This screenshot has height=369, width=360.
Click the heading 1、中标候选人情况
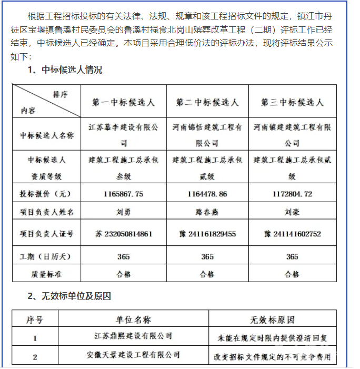(x=65, y=69)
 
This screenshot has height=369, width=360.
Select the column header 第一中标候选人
(x=124, y=102)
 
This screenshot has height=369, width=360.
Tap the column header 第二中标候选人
(x=207, y=102)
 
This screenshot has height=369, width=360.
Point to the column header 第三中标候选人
(x=292, y=102)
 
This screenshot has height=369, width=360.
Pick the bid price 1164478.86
(x=207, y=194)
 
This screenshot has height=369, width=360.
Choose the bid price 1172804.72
(x=292, y=194)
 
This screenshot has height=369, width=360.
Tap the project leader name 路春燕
(x=207, y=213)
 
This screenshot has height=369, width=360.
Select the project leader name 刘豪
(x=292, y=213)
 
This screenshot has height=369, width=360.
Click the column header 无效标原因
(x=272, y=319)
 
